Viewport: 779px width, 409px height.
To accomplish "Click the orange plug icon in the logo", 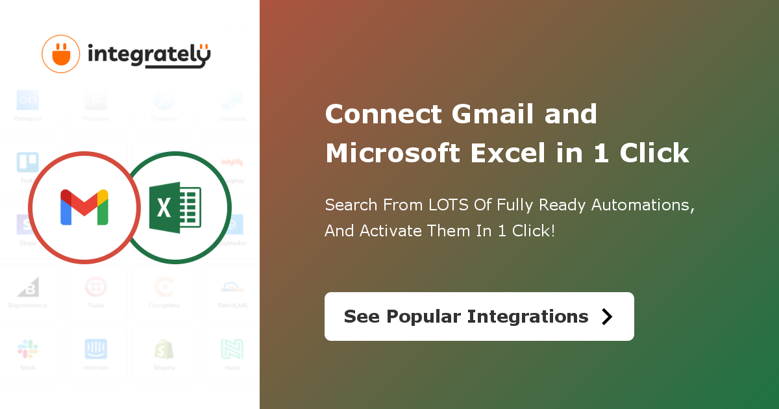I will (60, 54).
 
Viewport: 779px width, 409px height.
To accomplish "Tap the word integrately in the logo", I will (149, 56).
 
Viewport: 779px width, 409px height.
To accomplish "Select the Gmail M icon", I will (84, 208).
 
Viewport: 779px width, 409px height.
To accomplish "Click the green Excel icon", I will (175, 208).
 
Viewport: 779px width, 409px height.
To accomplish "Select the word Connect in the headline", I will (384, 115).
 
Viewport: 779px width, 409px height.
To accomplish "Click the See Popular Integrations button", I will (479, 316).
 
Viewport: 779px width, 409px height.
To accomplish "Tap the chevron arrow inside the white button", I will (607, 316).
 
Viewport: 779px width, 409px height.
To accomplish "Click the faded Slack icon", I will (27, 349).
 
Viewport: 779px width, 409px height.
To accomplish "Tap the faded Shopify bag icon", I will (164, 349).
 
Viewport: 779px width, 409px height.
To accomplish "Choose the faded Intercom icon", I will (96, 349).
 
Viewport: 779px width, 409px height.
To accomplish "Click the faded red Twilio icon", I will (96, 287).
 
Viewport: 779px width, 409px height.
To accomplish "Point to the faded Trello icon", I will (27, 162).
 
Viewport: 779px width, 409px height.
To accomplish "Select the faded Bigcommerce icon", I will (27, 287).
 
